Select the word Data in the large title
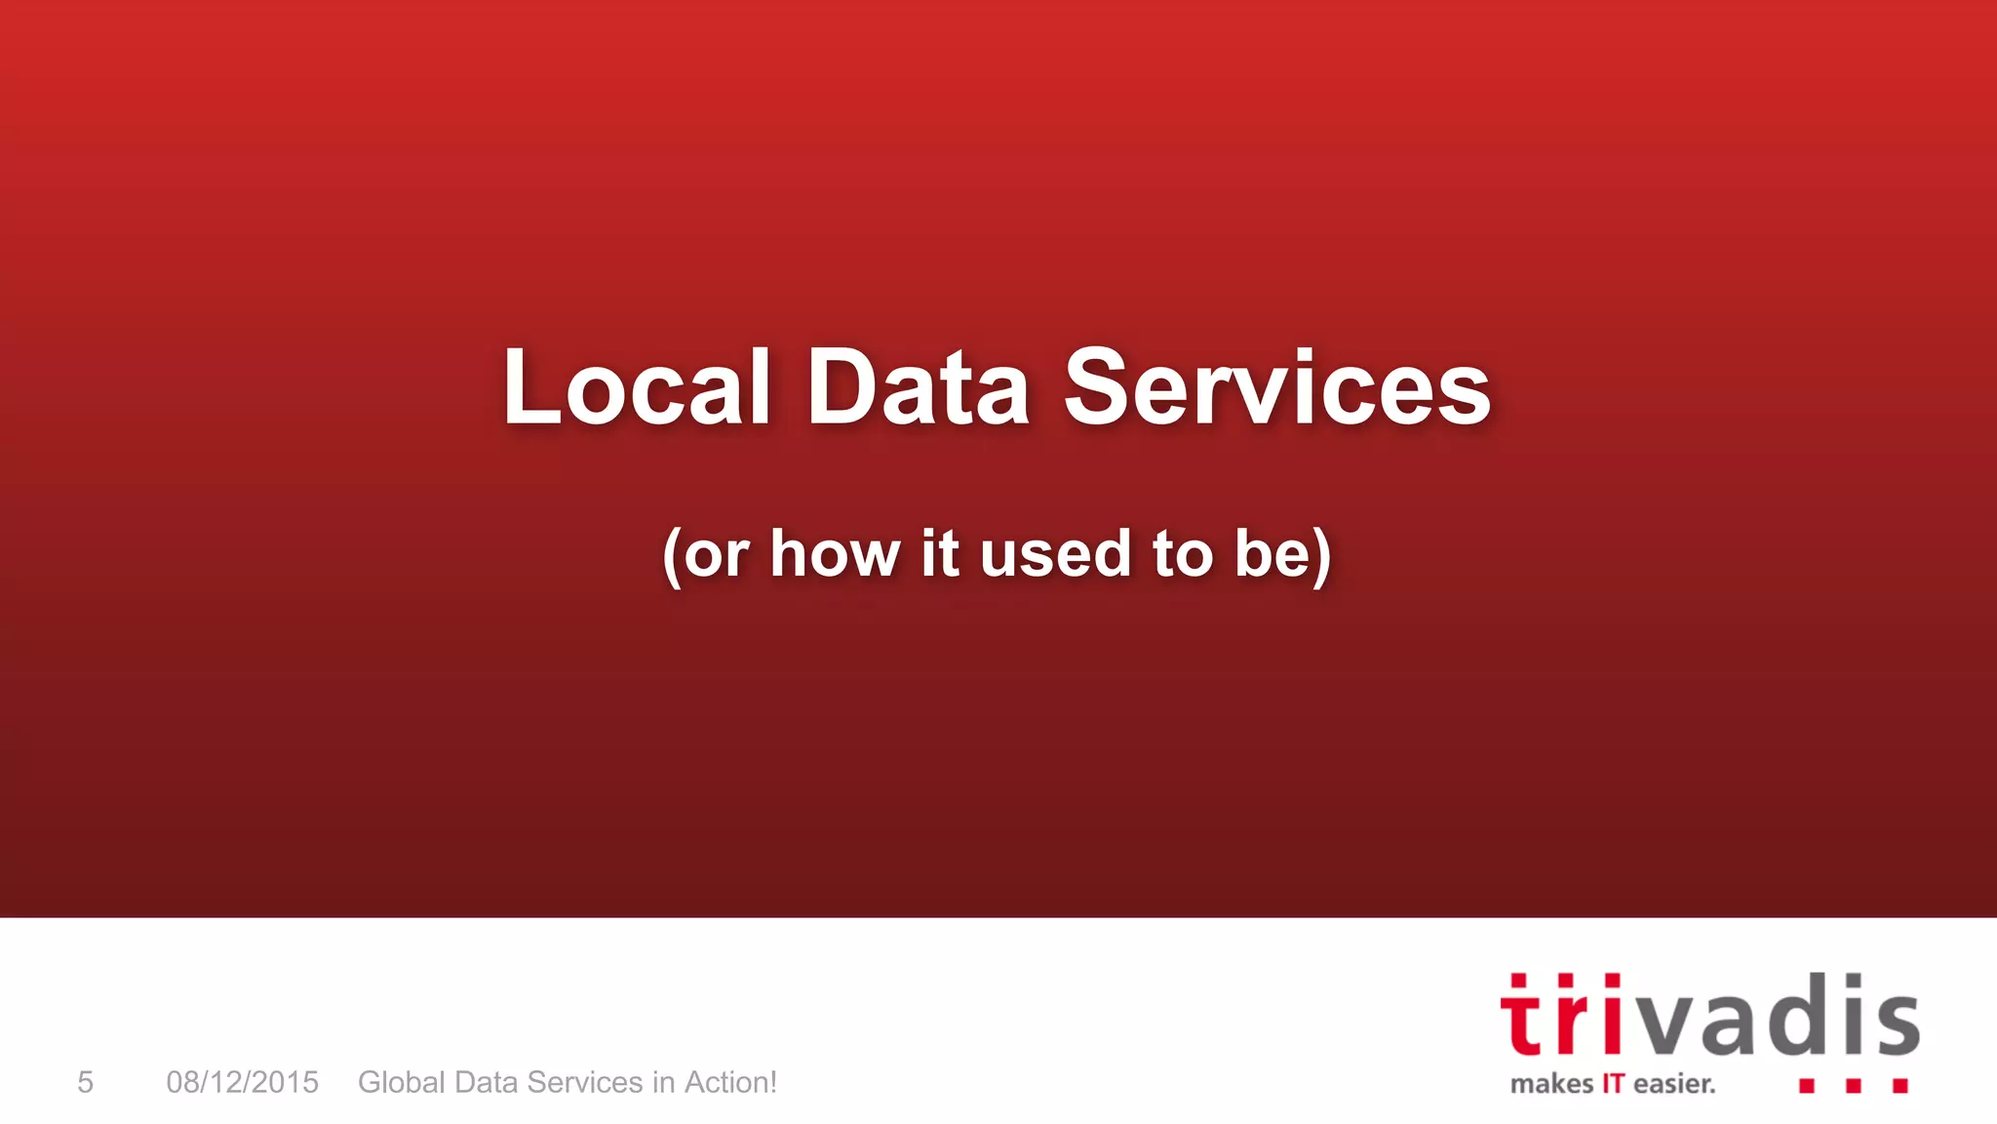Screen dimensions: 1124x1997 click(x=918, y=388)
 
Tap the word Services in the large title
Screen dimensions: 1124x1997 click(x=1276, y=388)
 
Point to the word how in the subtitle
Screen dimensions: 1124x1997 click(x=835, y=554)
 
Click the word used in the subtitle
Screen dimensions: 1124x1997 click(x=1054, y=554)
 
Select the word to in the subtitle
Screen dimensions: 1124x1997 click(x=1182, y=554)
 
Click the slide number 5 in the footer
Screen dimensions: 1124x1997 click(x=86, y=1082)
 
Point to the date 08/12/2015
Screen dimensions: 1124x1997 click(x=242, y=1082)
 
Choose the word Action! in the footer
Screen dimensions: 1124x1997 click(x=730, y=1082)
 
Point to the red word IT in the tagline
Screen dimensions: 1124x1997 click(x=1613, y=1084)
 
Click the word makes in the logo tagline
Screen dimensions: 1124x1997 click(x=1551, y=1084)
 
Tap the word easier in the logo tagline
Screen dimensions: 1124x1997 click(x=1674, y=1084)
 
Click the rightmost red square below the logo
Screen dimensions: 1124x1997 click(x=1900, y=1085)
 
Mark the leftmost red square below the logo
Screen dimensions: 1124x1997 click(x=1807, y=1085)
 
